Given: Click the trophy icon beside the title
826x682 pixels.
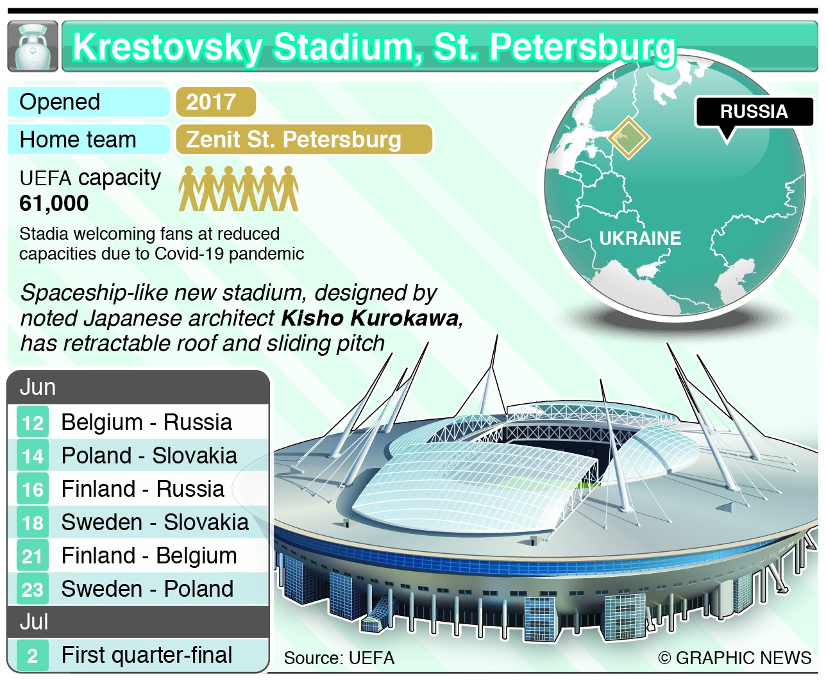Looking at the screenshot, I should [x=33, y=47].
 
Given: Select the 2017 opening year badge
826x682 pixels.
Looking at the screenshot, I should [x=214, y=102].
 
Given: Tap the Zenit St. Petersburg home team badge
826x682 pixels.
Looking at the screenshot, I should [x=303, y=140].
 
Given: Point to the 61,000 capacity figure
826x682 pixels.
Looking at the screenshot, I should [x=55, y=203].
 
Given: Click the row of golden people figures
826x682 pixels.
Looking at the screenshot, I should [x=239, y=188].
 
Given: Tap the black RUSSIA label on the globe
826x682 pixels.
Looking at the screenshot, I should [x=754, y=112].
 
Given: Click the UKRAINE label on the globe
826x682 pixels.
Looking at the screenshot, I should [x=640, y=238].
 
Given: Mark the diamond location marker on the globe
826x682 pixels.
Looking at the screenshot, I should [x=628, y=137].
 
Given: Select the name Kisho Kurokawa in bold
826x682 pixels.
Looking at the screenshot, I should [x=371, y=318].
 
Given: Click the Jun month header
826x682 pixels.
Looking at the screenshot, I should [x=38, y=387].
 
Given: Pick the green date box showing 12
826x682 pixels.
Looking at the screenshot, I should [x=33, y=423].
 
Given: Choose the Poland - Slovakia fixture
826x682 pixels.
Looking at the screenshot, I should [x=149, y=456].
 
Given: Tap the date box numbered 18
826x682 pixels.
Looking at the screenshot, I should [x=33, y=523].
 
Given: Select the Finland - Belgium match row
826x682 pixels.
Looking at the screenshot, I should [x=149, y=556].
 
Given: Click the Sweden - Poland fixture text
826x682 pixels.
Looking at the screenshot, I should [x=147, y=589].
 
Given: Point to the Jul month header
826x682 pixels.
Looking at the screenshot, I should [x=35, y=622].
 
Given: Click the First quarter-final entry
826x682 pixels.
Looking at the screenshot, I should [x=146, y=655].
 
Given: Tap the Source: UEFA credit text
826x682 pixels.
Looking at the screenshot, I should [x=339, y=658].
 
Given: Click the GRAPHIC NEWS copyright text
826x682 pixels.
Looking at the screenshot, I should [x=735, y=658].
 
